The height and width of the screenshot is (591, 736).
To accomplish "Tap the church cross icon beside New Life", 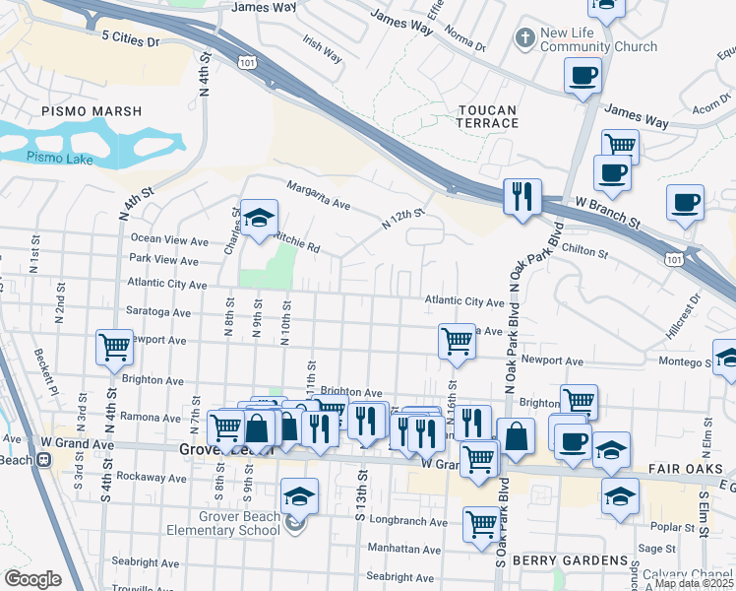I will [x=525, y=38].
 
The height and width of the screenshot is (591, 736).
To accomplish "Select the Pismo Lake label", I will [x=58, y=157].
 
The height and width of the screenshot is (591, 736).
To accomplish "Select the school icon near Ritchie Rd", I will [x=259, y=219].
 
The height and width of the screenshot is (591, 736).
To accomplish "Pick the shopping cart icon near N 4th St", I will [x=114, y=347].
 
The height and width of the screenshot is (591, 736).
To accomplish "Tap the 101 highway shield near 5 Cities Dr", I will [x=247, y=61].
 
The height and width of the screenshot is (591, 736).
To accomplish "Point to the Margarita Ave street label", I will [x=318, y=195].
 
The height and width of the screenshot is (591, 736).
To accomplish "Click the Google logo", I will [x=33, y=579].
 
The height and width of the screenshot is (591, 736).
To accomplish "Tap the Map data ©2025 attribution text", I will [x=693, y=583].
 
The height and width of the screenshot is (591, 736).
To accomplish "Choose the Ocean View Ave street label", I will [x=169, y=239].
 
